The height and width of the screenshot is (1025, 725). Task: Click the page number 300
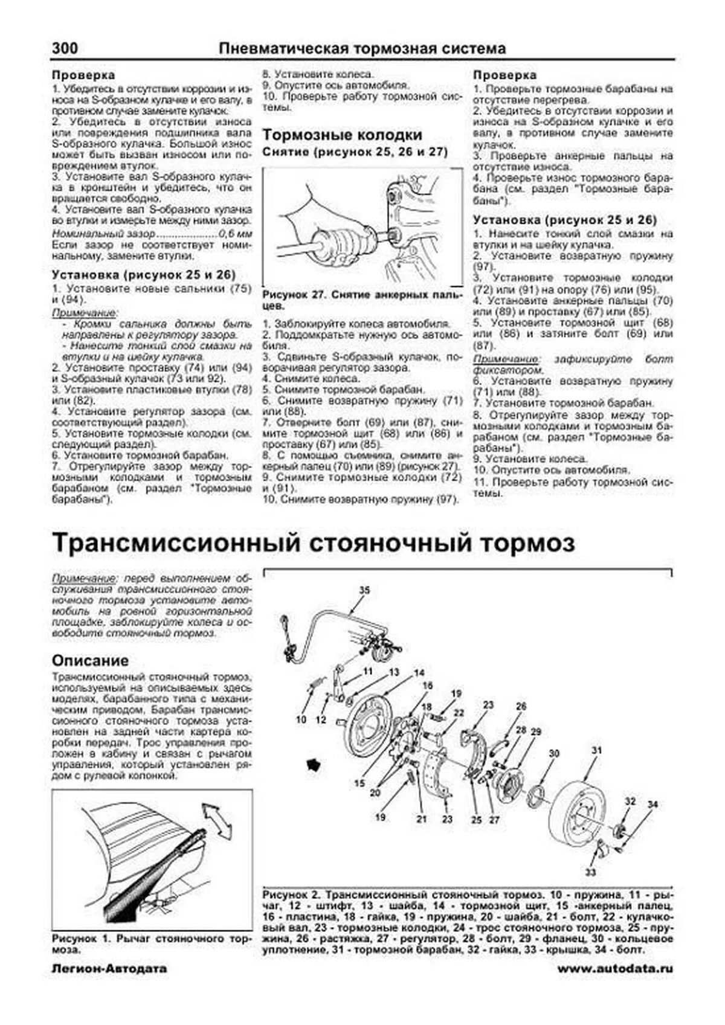[65, 48]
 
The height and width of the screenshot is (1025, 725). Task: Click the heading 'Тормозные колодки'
[342, 135]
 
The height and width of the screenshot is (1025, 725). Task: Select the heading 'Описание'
[90, 660]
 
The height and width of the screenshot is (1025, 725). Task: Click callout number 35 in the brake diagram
[364, 590]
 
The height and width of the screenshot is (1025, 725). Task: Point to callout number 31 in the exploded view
[597, 751]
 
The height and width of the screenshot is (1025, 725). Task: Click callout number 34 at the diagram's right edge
[652, 805]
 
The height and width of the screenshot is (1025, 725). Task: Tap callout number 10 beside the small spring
[301, 720]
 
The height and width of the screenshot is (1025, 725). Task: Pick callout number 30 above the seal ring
[554, 754]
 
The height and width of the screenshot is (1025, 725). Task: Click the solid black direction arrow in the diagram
[314, 764]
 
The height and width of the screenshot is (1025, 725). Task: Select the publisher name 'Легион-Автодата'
[109, 969]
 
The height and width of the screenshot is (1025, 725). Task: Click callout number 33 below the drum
[590, 872]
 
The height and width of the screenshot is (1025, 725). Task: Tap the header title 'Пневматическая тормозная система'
[361, 48]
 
